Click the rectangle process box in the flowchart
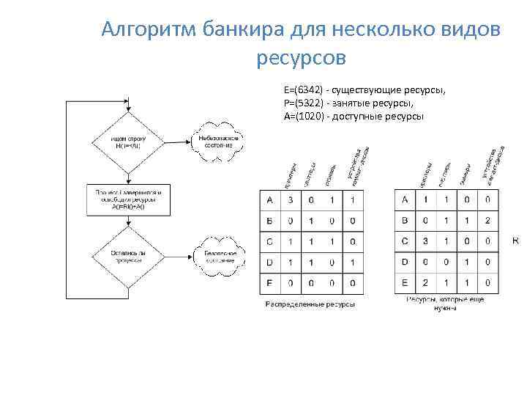point(128,199)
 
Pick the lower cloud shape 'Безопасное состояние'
point(220,256)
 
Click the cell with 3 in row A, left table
point(291,200)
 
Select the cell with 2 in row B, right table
point(488,220)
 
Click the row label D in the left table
point(270,262)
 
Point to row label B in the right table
point(405,220)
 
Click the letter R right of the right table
point(515,241)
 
